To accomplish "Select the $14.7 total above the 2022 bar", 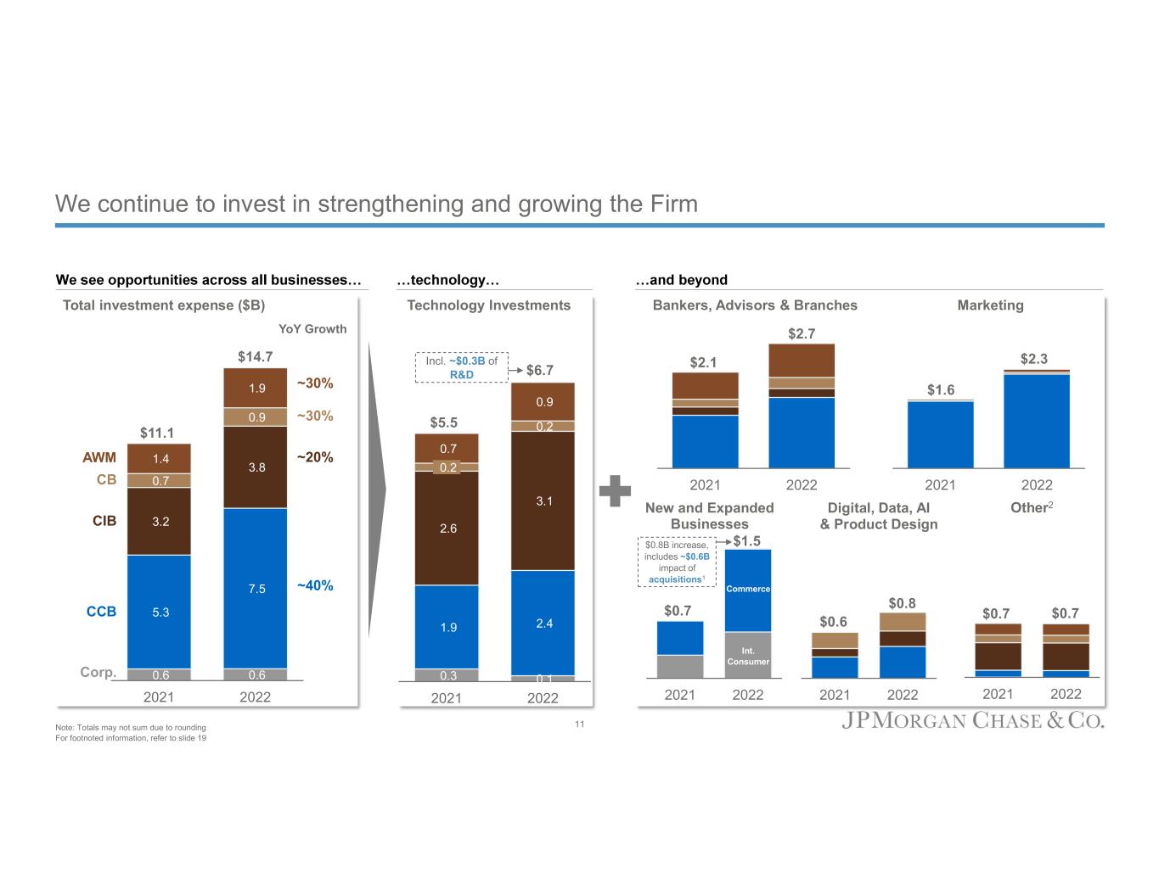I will (x=255, y=356).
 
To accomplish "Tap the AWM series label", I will (x=99, y=458).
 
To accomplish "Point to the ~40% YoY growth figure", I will (x=315, y=585).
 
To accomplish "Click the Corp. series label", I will (x=98, y=673).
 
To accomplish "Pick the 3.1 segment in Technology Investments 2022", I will (x=543, y=501).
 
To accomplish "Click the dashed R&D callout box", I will (x=461, y=367).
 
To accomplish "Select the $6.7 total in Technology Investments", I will (x=540, y=371).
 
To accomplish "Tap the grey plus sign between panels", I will (x=615, y=491).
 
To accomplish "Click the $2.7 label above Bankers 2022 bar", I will (x=802, y=333).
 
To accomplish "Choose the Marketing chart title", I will (x=990, y=305).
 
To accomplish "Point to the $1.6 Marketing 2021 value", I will (x=941, y=390).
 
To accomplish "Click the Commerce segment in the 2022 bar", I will (x=748, y=589).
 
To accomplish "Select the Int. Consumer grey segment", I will (x=748, y=656).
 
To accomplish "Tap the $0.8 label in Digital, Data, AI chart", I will (x=903, y=603).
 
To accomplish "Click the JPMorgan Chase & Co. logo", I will (x=973, y=721).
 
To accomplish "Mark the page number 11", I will (x=580, y=724).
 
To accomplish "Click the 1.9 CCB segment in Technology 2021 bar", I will (x=447, y=628).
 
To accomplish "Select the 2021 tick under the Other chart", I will (x=998, y=694).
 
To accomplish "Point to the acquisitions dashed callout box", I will (x=677, y=561).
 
